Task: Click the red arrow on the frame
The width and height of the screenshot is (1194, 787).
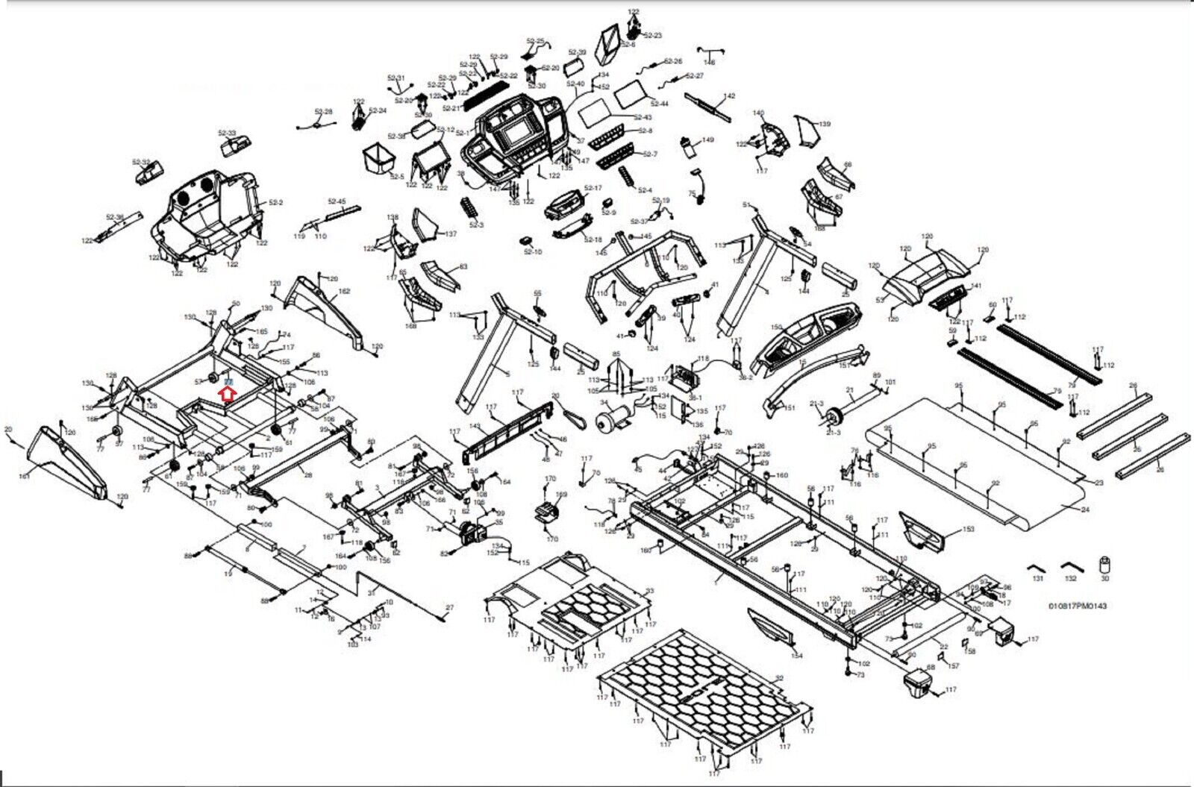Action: [x=229, y=393]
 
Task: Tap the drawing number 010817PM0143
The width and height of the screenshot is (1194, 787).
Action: [x=1078, y=606]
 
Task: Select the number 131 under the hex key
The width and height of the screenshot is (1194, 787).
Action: [x=1037, y=578]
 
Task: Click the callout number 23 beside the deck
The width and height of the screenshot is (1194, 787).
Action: [x=1098, y=483]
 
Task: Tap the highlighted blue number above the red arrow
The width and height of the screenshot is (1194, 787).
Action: [x=229, y=381]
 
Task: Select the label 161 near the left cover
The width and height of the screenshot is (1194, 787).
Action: [x=24, y=476]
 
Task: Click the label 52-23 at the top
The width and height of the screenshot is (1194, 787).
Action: [x=652, y=35]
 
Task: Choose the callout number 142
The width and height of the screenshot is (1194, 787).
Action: [x=729, y=96]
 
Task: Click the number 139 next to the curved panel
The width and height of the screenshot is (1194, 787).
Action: [x=824, y=124]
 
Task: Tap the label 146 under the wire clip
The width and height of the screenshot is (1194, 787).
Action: [x=709, y=62]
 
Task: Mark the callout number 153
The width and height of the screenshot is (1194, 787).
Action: [x=968, y=529]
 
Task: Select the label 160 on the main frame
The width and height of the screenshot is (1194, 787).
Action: [x=781, y=475]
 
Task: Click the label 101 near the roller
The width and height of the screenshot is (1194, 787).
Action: [x=890, y=382]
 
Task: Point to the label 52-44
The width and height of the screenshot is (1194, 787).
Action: [x=660, y=103]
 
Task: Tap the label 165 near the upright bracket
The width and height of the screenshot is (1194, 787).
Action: [x=261, y=331]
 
